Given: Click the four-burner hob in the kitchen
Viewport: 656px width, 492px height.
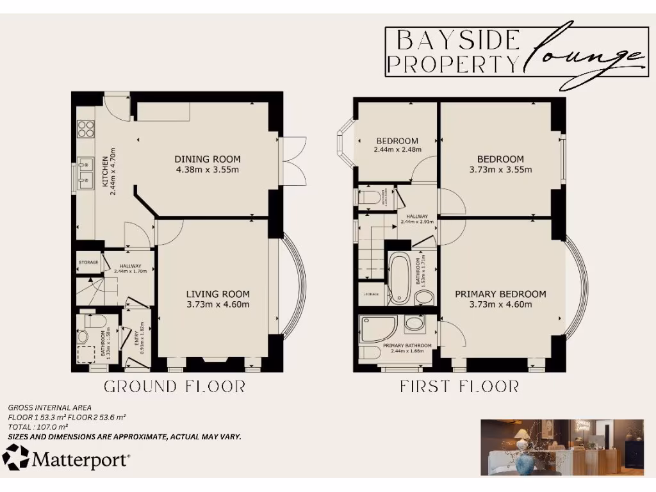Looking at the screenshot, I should coord(85,129).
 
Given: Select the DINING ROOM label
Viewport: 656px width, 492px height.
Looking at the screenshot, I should coord(207,159).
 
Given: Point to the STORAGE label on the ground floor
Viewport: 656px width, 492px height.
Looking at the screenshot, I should coord(88,263).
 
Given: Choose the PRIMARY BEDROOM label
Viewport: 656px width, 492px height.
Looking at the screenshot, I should coord(500,294).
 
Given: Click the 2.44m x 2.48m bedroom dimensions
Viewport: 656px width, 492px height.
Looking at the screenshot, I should coord(397,150).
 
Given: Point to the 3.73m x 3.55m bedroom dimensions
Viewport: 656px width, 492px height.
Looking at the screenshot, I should coord(500,170).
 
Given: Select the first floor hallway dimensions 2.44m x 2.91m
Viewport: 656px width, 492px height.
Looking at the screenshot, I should coord(417,222).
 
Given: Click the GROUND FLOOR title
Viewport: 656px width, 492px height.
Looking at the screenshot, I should coord(174,386).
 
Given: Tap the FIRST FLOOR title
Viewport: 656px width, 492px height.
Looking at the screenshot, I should coord(459,386).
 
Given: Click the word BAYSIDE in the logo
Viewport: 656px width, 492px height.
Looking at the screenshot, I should coord(457,40).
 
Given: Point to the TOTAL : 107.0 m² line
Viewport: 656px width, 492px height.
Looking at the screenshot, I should coord(38,426).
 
